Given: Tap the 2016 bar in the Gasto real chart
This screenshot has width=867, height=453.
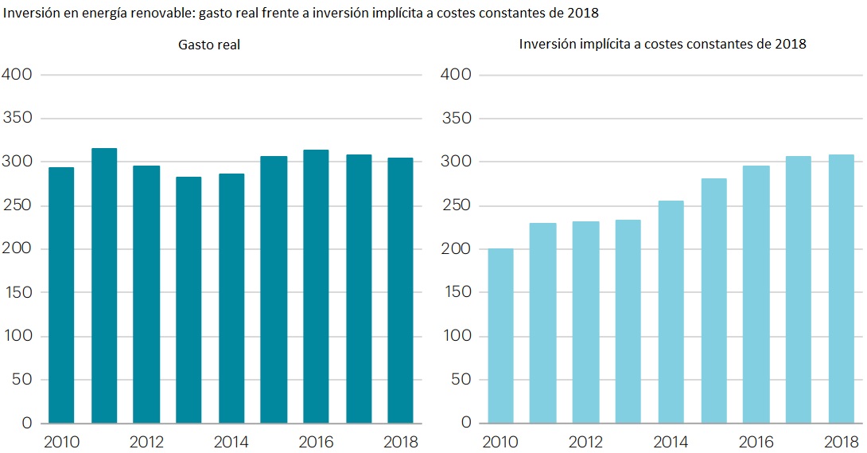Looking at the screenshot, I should point(316,286).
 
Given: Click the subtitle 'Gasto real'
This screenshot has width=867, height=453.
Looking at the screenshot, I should point(209,45).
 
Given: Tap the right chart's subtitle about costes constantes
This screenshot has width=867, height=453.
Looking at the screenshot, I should point(663,45).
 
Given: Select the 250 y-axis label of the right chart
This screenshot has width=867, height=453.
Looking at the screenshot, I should point(456,205).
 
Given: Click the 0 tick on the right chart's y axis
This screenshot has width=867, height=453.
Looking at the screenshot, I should point(467,423).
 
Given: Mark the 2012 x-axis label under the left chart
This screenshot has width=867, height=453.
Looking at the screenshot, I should point(146,442).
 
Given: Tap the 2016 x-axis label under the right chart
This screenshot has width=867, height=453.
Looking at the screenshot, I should point(756,442).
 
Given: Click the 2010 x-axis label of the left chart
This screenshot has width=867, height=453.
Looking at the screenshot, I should point(61,442).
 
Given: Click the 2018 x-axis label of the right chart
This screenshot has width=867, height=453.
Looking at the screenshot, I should point(841,442).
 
